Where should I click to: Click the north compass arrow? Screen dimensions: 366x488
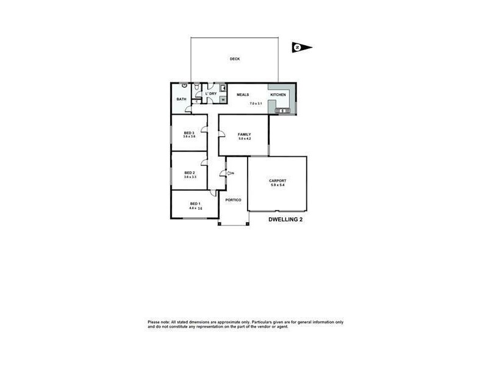301,47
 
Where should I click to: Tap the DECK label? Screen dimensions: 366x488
235,59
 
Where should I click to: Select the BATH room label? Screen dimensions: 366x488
181,99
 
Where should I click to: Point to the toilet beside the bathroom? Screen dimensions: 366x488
195,90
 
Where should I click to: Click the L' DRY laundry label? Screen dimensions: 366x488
210,93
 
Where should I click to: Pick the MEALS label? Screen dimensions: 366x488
243,95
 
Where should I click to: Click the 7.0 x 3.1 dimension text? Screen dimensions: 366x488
256,104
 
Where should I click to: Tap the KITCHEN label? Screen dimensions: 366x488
278,95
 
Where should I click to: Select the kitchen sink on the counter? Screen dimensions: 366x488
282,110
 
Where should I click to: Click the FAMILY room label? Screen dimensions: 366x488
244,134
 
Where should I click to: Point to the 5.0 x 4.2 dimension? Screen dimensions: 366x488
245,139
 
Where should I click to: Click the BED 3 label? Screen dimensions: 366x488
189,133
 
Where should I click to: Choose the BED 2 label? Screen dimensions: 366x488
189,173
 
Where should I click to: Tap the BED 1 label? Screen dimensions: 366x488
195,204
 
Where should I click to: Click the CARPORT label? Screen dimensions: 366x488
278,181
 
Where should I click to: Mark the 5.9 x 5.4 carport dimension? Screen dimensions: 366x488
278,185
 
